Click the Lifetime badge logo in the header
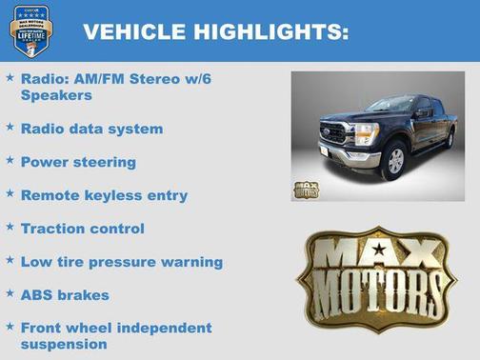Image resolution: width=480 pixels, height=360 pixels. [x=30, y=30]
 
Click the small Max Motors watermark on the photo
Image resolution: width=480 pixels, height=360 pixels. [x=306, y=188]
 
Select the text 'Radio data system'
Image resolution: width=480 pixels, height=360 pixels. [x=91, y=129]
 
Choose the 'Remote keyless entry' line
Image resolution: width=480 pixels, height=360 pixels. [x=104, y=195]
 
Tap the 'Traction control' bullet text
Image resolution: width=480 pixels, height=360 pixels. [x=83, y=229]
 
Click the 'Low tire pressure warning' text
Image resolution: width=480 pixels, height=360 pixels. [x=122, y=262]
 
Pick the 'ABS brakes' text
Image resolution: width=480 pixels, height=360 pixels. [x=65, y=295]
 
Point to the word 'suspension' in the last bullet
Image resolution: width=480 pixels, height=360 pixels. [x=64, y=344]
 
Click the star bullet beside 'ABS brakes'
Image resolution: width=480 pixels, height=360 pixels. [x=10, y=293]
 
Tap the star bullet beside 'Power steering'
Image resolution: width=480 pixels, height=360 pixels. [x=10, y=160]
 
